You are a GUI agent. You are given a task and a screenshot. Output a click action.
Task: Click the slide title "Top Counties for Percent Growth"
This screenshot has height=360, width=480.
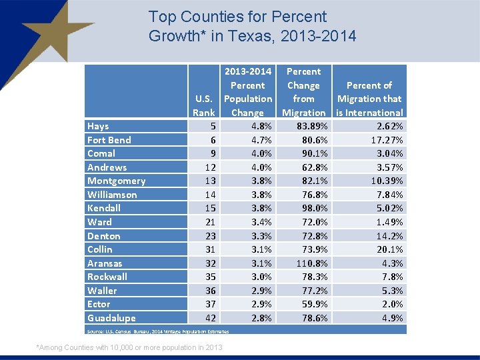pyautogui.click(x=252, y=26)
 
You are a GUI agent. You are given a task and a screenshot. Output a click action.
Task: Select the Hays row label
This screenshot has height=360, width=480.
pyautogui.click(x=98, y=126)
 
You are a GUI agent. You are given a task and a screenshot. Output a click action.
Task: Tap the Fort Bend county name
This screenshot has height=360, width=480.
pyautogui.click(x=109, y=140)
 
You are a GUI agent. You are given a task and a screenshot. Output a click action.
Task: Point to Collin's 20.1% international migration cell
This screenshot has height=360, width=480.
pyautogui.click(x=387, y=249)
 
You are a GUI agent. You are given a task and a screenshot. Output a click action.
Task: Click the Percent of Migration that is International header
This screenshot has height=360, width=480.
pyautogui.click(x=369, y=99)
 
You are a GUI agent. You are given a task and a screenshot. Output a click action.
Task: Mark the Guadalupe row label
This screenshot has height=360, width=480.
pyautogui.click(x=111, y=318)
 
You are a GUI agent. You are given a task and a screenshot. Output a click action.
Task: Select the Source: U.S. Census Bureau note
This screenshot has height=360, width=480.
pyautogui.click(x=158, y=331)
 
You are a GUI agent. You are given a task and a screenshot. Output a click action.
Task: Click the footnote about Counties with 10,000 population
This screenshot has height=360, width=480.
pyautogui.click(x=129, y=347)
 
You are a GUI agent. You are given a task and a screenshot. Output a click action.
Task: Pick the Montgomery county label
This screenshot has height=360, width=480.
pyautogui.click(x=116, y=181)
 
